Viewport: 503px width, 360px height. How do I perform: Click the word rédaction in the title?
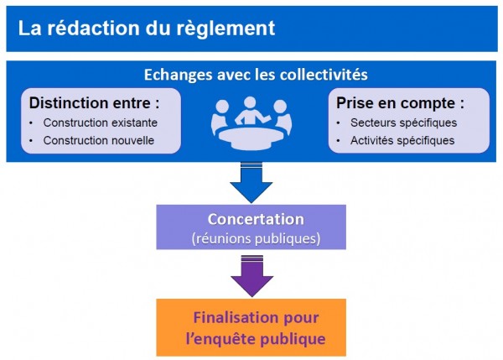[x=94, y=28]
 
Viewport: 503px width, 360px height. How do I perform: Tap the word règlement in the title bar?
[x=226, y=29]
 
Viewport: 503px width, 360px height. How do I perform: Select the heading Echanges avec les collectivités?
[x=256, y=75]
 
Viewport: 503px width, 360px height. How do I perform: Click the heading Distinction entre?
[x=94, y=103]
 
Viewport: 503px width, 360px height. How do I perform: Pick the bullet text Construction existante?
[x=101, y=123]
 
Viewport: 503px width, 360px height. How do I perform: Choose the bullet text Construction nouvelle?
[x=99, y=140]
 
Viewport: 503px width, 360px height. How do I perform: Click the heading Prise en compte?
[x=400, y=103]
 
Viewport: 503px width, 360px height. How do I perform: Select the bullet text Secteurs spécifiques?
[x=403, y=123]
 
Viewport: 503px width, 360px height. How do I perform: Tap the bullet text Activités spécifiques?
[x=402, y=141]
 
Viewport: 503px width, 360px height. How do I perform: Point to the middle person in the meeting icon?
[x=250, y=111]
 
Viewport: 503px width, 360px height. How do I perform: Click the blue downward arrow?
[x=251, y=182]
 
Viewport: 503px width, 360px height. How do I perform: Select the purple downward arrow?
[x=251, y=276]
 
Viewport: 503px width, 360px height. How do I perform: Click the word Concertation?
[x=256, y=219]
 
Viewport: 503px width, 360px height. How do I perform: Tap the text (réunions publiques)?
[x=256, y=238]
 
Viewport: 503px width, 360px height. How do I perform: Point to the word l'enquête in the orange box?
[x=220, y=339]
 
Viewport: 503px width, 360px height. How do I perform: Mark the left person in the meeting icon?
[x=220, y=117]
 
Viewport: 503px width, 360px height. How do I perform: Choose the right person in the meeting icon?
[x=283, y=117]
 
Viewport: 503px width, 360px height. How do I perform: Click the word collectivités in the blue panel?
[x=324, y=75]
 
